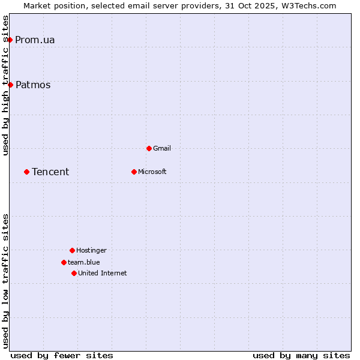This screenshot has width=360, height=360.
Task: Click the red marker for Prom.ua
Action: pyautogui.click(x=10, y=40)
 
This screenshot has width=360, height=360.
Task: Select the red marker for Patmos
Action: pyautogui.click(x=10, y=85)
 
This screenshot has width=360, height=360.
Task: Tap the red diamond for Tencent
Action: pyautogui.click(x=26, y=172)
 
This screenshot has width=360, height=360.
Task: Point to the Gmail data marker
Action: pyautogui.click(x=149, y=148)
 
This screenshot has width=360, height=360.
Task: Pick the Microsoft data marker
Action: pyautogui.click(x=134, y=172)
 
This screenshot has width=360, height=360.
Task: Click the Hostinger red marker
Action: pyautogui.click(x=72, y=250)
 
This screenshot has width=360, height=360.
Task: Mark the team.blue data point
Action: pyautogui.click(x=64, y=262)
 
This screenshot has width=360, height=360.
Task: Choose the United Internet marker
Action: pyautogui.click(x=74, y=273)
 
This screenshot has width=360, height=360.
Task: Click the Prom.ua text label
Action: pyautogui.click(x=35, y=40)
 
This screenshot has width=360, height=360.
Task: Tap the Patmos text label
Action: pyautogui.click(x=33, y=85)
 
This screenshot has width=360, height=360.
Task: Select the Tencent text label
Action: pyautogui.click(x=50, y=172)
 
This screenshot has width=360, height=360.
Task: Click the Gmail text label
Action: pyautogui.click(x=162, y=149)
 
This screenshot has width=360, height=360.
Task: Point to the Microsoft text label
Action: pyautogui.click(x=152, y=172)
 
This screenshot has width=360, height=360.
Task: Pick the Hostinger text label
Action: pyautogui.click(x=91, y=251)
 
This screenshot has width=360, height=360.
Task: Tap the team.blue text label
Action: pyautogui.click(x=84, y=263)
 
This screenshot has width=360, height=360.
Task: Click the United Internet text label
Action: pyautogui.click(x=103, y=274)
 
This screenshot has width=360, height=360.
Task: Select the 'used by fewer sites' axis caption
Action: pyautogui.click(x=62, y=355)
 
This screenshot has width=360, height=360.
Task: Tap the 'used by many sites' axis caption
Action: pyautogui.click(x=301, y=355)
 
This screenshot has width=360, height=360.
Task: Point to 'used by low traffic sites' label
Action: pyautogui.click(x=6, y=281)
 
